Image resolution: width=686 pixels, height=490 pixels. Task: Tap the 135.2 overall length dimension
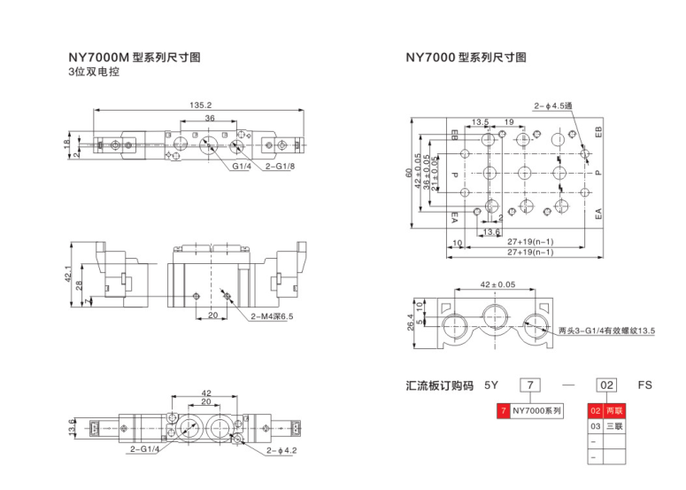(x=200, y=105)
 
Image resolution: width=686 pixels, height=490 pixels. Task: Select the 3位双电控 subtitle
(x=93, y=73)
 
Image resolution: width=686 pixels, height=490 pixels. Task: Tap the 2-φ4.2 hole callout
(x=281, y=452)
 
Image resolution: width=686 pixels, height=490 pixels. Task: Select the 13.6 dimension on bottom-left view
(x=73, y=427)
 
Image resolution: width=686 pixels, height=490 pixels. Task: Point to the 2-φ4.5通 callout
(x=553, y=106)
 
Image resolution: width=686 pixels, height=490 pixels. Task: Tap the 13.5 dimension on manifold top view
(x=480, y=122)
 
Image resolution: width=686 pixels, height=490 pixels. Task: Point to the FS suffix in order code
(x=644, y=385)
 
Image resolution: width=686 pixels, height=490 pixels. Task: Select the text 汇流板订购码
(x=436, y=385)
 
